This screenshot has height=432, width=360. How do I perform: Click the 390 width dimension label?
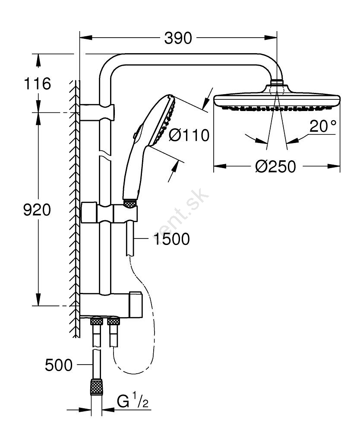tap(178, 38)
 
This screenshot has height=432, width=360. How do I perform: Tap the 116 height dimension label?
tap(38, 83)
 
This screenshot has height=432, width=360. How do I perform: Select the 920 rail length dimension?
tap(37, 210)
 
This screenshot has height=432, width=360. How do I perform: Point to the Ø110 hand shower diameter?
tap(189, 135)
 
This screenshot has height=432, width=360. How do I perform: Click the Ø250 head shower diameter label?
tap(275, 166)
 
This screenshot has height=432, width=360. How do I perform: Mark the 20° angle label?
tap(322, 126)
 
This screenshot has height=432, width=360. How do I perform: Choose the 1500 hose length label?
tap(171, 238)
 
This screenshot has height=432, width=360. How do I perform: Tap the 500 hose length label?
tap(59, 365)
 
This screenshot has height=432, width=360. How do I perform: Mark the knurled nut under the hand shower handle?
tap(130, 203)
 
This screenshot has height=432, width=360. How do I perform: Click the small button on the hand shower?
tap(135, 133)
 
